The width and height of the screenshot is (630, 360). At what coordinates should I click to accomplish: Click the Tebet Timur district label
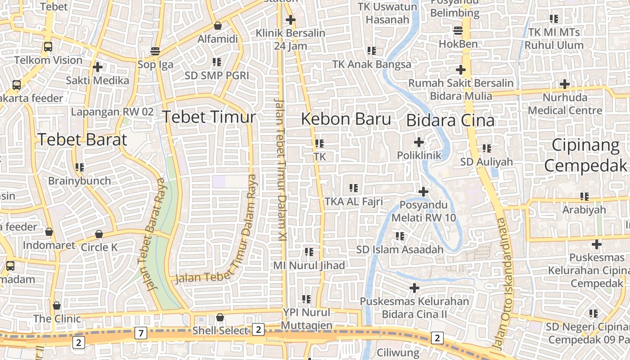coord(209,117)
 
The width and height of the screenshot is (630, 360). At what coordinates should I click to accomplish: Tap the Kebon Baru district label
coord(346,119)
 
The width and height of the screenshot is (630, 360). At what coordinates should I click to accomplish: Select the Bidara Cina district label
coord(450,121)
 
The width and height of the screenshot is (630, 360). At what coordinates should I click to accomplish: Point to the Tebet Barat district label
coord(82,139)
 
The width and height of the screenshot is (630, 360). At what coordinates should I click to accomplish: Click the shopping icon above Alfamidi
coord(217,26)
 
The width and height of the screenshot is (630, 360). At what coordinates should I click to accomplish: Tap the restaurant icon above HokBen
coord(458,31)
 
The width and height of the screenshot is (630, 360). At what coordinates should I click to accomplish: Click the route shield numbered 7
coord(141,333)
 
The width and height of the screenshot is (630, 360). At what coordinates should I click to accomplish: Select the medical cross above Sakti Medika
coord(97,67)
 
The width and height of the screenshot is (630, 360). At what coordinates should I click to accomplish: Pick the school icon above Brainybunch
coord(80,167)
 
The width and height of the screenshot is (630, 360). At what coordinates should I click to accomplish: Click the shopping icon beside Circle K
coord(99,234)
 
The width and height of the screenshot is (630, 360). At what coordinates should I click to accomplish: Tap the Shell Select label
coord(220,331)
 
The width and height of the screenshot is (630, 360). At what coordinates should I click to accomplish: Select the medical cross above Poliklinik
coord(418,142)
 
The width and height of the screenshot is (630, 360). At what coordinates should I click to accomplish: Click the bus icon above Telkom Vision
coord(48,46)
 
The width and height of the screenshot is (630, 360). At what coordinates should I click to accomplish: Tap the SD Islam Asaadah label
coord(400,249)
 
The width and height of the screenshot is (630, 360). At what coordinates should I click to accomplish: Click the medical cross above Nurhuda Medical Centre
coord(564,84)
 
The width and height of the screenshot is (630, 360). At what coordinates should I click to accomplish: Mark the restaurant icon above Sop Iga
coord(155,51)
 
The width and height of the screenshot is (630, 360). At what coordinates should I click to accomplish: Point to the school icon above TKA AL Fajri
coord(353,188)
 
